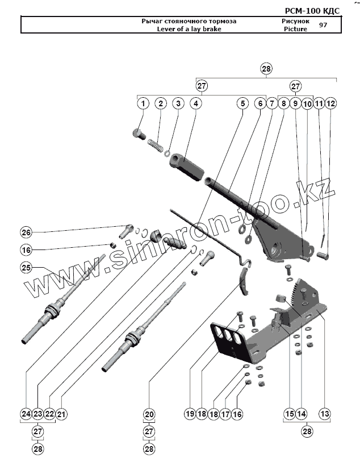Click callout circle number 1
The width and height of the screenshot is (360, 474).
pyautogui.click(x=143, y=103)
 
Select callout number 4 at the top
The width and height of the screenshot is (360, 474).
pyautogui.click(x=195, y=103)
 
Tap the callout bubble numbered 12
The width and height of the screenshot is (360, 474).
pyautogui.click(x=330, y=103)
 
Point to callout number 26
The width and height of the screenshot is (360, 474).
pyautogui.click(x=27, y=232)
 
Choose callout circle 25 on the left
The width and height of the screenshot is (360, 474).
pyautogui.click(x=27, y=267)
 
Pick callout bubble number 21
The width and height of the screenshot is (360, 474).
pyautogui.click(x=61, y=414)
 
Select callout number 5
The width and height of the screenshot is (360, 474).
pyautogui.click(x=242, y=103)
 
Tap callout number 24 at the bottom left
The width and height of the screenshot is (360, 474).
pyautogui.click(x=26, y=414)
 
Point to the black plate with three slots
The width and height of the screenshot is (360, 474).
pyautogui.click(x=230, y=339)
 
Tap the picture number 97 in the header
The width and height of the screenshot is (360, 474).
pyautogui.click(x=323, y=25)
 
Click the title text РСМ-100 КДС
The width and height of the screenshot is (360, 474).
pyautogui.click(x=312, y=11)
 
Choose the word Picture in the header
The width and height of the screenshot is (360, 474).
pyautogui.click(x=295, y=29)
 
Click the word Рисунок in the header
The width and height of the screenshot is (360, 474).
pyautogui.click(x=295, y=21)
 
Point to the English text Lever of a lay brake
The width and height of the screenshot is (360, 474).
pyautogui.click(x=189, y=29)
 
